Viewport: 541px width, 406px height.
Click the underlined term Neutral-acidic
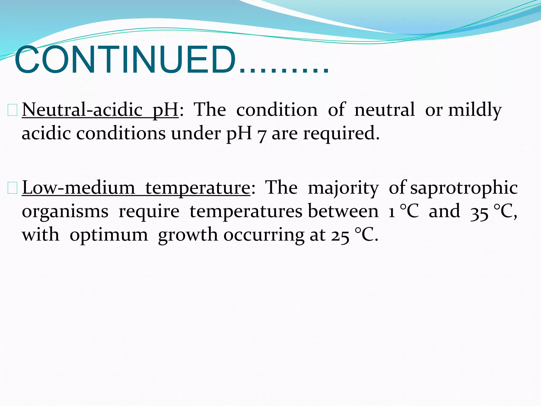point(82,109)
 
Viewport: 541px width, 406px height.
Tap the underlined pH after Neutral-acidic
point(166,110)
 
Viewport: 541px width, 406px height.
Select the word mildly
point(475,109)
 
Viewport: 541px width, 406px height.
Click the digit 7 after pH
point(261,134)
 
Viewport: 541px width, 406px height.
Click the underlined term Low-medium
point(78,187)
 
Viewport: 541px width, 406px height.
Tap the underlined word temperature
point(198,188)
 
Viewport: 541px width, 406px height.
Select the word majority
point(343,188)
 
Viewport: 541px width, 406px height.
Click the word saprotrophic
point(464,188)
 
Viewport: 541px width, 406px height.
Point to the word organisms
point(65,212)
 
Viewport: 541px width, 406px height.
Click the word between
point(343,211)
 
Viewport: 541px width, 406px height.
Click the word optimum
point(109,235)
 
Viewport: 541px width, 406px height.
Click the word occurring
point(264,235)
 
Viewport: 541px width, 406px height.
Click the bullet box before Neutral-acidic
point(12,110)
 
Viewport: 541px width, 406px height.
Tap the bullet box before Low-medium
point(12,188)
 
